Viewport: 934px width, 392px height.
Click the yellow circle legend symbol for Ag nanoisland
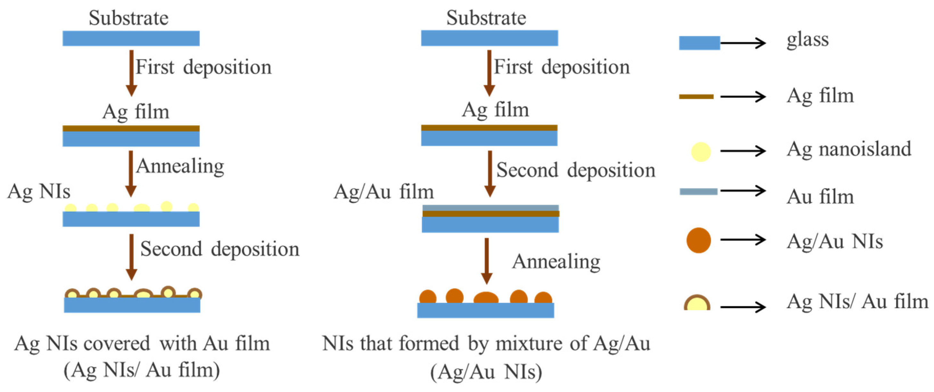point(700,152)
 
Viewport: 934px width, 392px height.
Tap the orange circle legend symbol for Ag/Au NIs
point(698,240)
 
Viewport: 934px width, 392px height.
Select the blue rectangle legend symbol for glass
point(699,43)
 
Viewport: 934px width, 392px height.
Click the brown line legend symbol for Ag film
point(696,96)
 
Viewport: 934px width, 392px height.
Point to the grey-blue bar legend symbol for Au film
point(698,191)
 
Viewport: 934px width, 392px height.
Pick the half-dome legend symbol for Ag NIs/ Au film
point(697,304)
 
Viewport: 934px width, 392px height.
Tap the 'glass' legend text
point(807,40)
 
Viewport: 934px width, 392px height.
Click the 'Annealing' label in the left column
point(180,167)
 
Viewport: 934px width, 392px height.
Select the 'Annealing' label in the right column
point(556,262)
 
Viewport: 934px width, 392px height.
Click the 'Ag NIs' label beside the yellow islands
point(39,191)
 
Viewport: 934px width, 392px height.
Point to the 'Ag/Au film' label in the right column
point(384,192)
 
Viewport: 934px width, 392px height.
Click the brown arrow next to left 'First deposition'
point(131,72)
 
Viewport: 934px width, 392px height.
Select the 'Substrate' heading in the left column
point(129,18)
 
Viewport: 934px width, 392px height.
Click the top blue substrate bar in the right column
point(489,38)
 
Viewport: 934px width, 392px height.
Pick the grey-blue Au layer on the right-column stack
point(490,208)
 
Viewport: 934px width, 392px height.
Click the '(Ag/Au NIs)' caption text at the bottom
point(486,372)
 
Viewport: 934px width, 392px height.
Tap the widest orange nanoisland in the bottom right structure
point(486,298)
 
